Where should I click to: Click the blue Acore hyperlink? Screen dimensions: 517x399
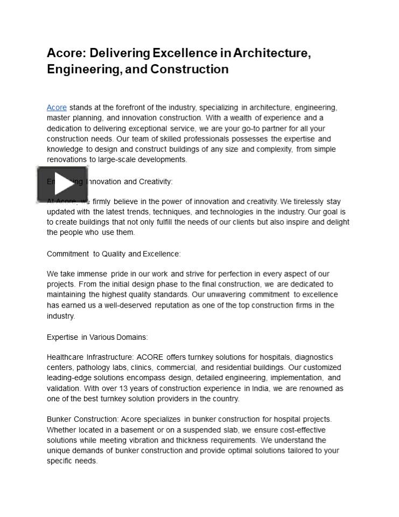coord(57,108)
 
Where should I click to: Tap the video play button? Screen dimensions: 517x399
coord(62,185)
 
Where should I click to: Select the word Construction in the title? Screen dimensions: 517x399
coord(190,69)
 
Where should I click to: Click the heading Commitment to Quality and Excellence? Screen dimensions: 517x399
coord(114,254)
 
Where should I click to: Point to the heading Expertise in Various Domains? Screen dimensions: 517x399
coord(97,337)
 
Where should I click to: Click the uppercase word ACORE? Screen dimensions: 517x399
coord(150,357)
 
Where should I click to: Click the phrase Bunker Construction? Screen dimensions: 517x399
coord(82,419)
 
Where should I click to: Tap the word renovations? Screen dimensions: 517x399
coord(66,159)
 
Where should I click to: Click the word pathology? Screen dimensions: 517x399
coord(92,367)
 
